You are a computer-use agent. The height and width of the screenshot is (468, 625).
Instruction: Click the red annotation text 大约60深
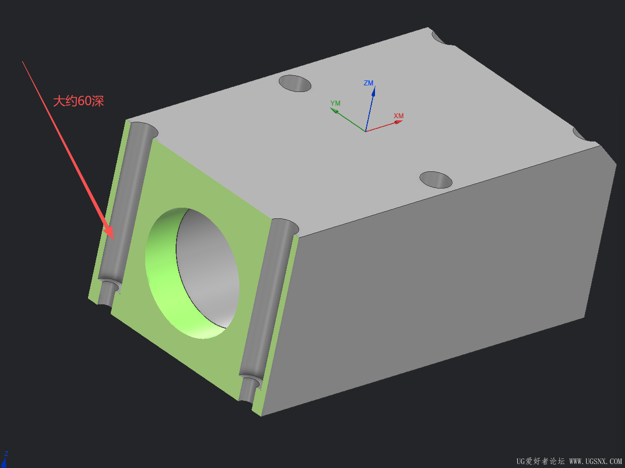point(78,101)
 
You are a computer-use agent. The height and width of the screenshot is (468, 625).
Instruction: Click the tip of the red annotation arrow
point(113,239)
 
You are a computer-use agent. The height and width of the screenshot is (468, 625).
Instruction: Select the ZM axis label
point(368,83)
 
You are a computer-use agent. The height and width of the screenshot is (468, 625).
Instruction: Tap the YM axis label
point(336,103)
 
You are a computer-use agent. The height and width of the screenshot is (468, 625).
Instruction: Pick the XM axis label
point(399,116)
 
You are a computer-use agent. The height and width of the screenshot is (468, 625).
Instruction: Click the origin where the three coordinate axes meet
point(365,131)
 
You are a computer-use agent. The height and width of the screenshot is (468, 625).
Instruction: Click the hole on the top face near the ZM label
point(295,83)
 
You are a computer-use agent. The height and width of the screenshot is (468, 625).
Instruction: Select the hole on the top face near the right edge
point(436,180)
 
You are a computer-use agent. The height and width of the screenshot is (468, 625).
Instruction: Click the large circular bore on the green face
point(192,273)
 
